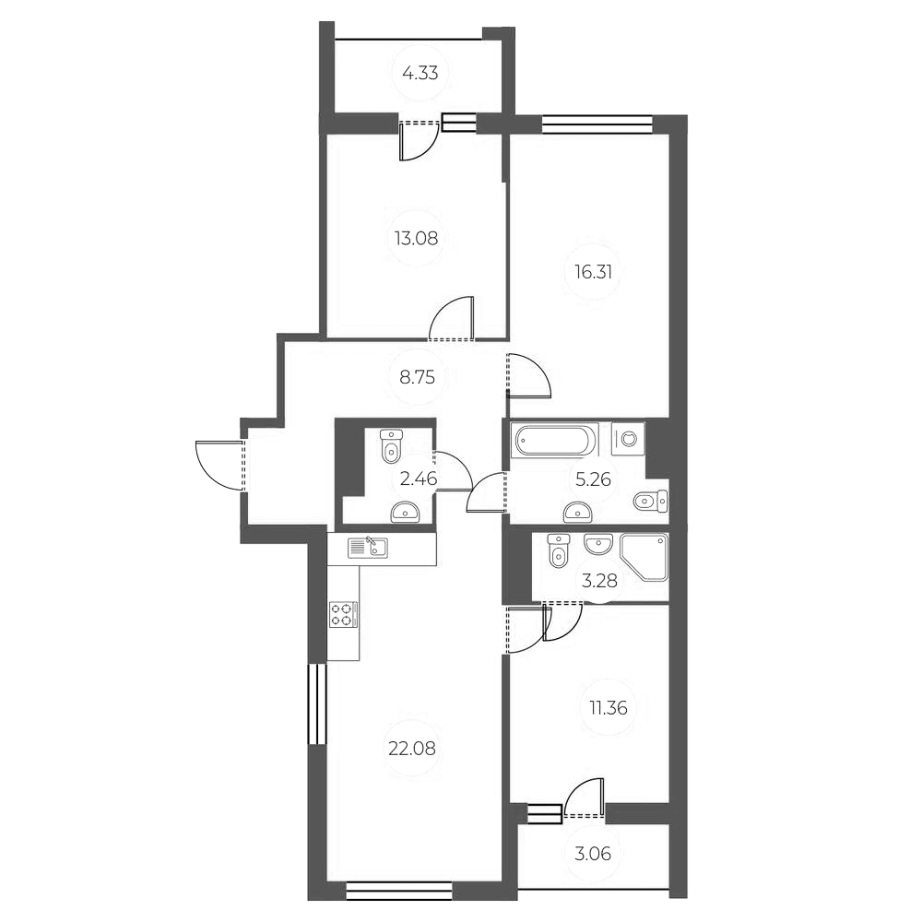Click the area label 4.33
click(x=420, y=73)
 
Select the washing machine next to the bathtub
click(x=629, y=438)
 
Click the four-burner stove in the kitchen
click(x=342, y=614)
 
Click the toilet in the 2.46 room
click(x=391, y=445)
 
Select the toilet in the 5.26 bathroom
click(x=651, y=501)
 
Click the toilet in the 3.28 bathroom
click(x=559, y=551)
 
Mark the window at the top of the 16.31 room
click(x=597, y=124)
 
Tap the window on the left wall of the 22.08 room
click(x=316, y=703)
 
